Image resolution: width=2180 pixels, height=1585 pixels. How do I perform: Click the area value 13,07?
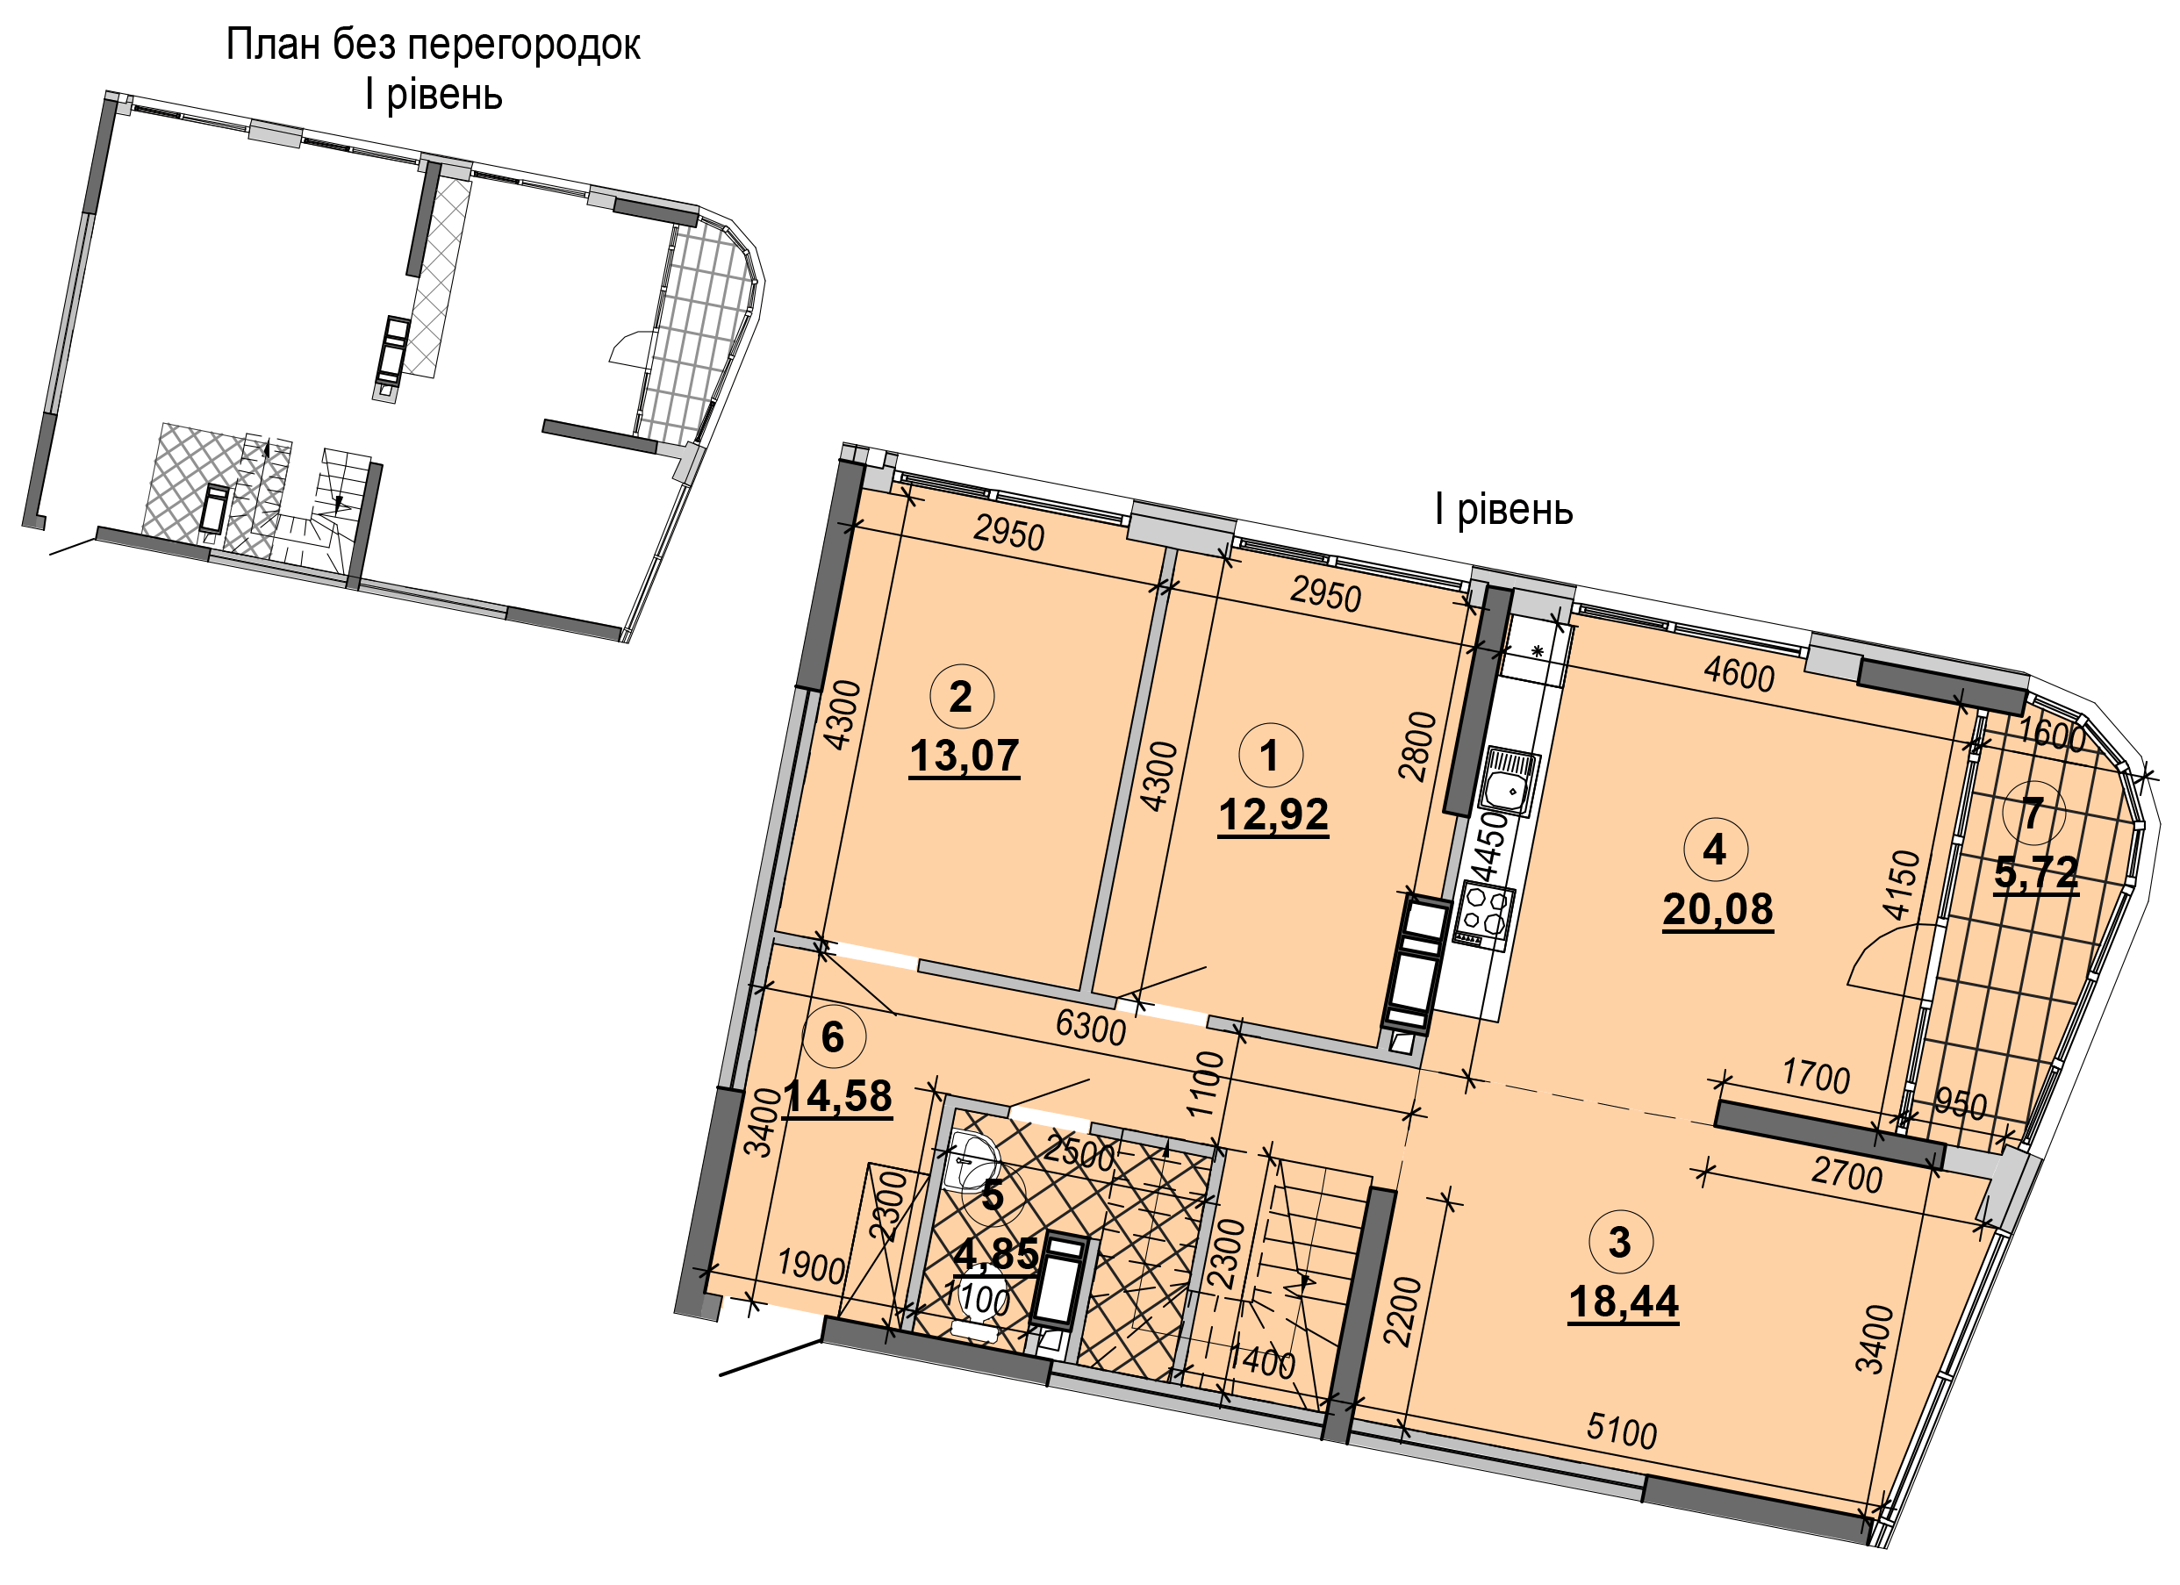(965, 757)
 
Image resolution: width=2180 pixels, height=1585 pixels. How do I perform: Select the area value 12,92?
(1273, 815)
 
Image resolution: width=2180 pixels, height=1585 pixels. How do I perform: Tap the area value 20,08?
(1718, 909)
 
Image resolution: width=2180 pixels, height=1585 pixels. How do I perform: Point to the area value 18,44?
(1624, 1302)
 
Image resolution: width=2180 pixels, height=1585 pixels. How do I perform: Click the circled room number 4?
(1716, 850)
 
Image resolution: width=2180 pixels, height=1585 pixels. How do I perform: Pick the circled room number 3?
(1621, 1242)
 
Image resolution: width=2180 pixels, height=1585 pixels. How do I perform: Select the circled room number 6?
(834, 1037)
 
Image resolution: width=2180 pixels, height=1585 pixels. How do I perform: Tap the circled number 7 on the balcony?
(2033, 814)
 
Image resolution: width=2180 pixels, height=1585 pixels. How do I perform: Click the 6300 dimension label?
(1091, 1028)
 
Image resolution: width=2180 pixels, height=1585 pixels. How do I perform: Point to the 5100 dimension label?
(1623, 1432)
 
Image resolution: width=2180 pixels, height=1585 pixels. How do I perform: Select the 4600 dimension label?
(1739, 674)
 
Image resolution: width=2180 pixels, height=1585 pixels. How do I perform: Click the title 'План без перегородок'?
(434, 45)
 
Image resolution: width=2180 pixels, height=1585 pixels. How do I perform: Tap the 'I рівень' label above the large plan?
(1504, 511)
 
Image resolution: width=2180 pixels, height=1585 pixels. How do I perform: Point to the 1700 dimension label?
(1816, 1076)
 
